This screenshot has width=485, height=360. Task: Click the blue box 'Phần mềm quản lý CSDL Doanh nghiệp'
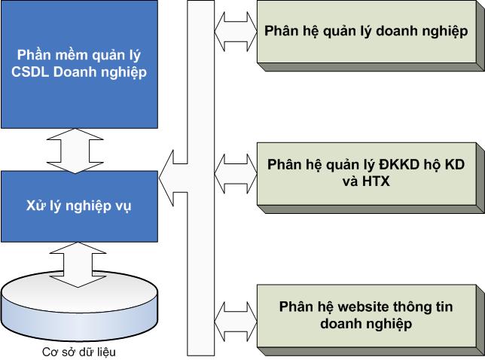click(79, 63)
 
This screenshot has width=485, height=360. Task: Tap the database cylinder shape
click(79, 309)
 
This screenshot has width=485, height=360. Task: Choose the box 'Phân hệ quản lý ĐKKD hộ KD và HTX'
click(367, 172)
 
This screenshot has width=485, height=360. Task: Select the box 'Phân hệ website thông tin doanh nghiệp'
click(366, 315)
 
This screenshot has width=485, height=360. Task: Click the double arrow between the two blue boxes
click(79, 150)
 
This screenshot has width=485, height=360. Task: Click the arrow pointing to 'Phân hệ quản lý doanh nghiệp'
click(233, 32)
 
